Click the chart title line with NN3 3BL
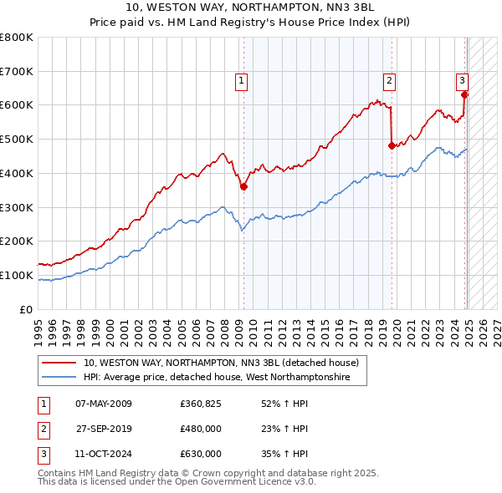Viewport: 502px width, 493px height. (251, 8)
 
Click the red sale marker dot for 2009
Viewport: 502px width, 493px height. (243, 187)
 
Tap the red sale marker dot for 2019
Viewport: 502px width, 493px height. (392, 145)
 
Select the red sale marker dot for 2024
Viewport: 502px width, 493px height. (465, 94)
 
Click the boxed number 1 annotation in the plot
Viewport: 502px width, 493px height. (241, 81)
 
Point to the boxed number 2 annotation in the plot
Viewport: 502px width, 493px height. (390, 81)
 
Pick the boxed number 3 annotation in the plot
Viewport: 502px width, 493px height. (462, 81)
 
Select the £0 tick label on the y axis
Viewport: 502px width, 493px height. (27, 309)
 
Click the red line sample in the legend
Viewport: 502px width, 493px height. (59, 363)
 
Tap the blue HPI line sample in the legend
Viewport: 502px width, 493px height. (59, 378)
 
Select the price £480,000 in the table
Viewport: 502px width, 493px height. (201, 429)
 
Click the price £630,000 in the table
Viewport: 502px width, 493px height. (201, 455)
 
